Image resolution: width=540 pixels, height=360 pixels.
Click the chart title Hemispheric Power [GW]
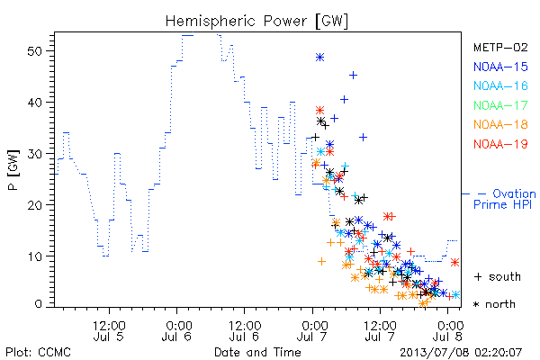[x=256, y=21]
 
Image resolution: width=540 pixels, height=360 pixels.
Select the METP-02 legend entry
[x=500, y=47]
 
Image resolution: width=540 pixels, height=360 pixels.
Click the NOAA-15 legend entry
[x=500, y=67]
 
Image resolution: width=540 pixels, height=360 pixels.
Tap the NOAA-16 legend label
[x=500, y=85]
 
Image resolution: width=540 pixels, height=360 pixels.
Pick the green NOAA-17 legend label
[x=500, y=105]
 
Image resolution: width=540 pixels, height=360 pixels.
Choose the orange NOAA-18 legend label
[x=500, y=124]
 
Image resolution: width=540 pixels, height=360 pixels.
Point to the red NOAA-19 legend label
[x=500, y=144]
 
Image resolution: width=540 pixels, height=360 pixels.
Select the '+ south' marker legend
[x=498, y=276]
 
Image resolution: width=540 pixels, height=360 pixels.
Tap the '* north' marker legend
[x=494, y=304]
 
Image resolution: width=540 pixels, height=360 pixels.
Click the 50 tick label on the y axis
[x=34, y=51]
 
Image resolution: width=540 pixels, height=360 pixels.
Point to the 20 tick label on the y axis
[x=34, y=205]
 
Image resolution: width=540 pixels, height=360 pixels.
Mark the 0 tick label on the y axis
[x=38, y=304]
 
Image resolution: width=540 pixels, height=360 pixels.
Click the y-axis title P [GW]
[x=14, y=170]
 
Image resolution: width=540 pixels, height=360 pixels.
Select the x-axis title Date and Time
[x=257, y=352]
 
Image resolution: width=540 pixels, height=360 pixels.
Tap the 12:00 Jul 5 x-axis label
[x=109, y=330]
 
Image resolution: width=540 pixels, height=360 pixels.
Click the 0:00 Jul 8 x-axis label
[x=448, y=330]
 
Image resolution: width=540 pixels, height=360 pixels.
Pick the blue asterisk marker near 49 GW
[x=319, y=57]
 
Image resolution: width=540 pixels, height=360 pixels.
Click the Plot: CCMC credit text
[x=38, y=352]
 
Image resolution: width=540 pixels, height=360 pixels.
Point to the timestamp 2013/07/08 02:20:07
[x=461, y=352]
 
